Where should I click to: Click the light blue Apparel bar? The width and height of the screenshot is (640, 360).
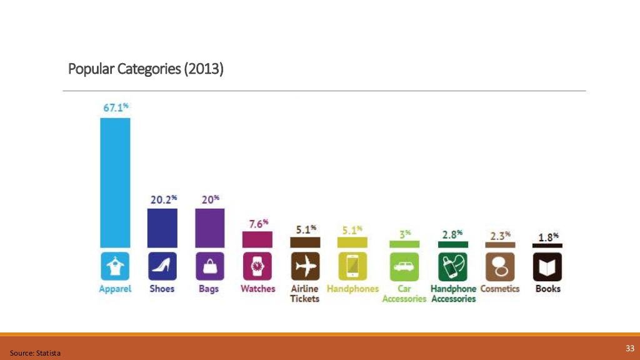click(x=115, y=182)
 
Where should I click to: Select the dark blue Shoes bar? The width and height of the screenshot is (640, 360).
click(x=162, y=227)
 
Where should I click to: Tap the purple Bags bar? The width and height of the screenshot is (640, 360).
click(x=209, y=227)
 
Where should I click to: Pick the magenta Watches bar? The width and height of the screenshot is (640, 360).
click(x=257, y=239)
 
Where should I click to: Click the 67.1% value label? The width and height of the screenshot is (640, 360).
click(x=116, y=107)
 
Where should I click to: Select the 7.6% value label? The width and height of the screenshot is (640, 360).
click(x=257, y=223)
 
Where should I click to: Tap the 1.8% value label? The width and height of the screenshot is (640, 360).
click(x=548, y=237)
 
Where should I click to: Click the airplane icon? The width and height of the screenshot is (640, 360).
click(x=305, y=267)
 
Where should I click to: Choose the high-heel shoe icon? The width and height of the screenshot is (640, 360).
click(x=162, y=267)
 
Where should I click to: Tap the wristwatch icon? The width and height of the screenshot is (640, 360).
click(x=257, y=267)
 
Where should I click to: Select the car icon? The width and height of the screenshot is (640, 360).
click(x=404, y=267)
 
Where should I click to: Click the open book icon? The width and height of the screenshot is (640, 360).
click(x=547, y=267)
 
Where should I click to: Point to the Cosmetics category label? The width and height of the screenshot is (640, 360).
click(x=500, y=289)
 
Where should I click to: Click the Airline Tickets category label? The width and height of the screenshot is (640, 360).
click(x=305, y=294)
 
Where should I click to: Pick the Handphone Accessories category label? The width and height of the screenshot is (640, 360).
click(x=453, y=294)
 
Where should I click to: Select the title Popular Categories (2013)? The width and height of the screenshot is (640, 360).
click(x=146, y=68)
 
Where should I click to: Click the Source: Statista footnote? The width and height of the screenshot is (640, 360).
click(x=35, y=354)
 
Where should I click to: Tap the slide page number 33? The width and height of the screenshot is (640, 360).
click(x=629, y=348)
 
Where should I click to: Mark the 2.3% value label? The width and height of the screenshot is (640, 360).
click(x=500, y=236)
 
